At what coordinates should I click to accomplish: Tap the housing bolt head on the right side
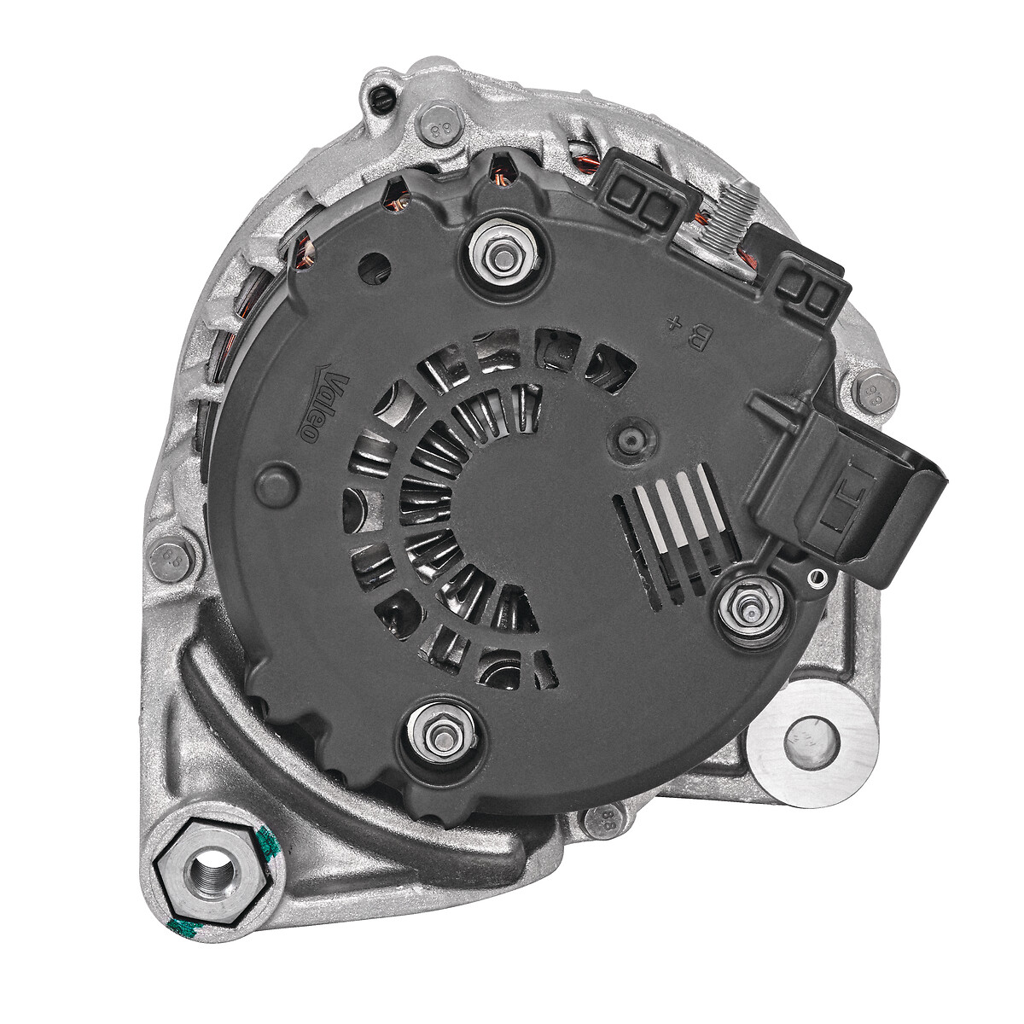click(875, 393)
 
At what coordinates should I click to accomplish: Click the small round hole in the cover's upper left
click(373, 268)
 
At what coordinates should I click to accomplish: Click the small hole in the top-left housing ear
click(381, 100)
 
